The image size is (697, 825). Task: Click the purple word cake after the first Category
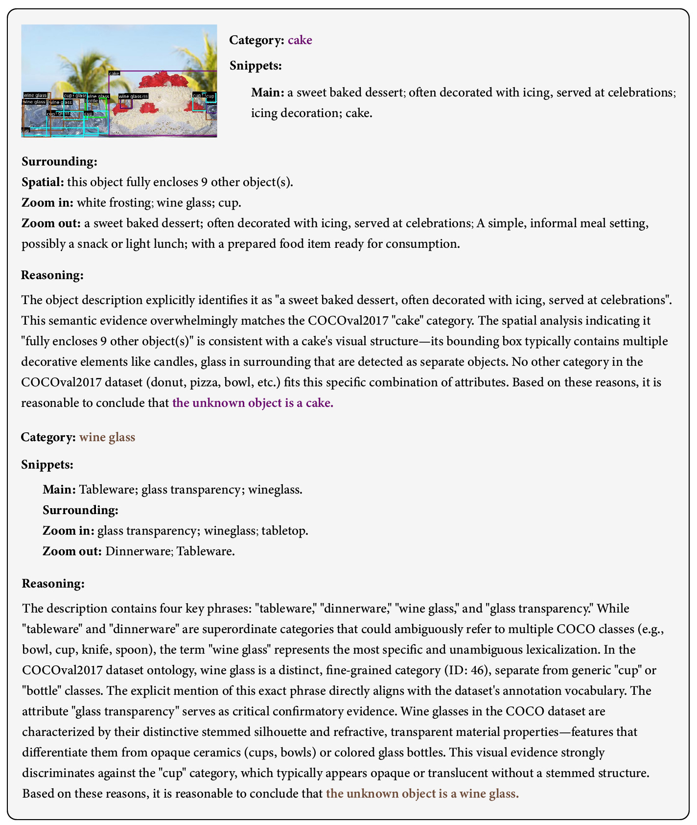click(300, 40)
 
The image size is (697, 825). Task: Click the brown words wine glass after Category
click(107, 437)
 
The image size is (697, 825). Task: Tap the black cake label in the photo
click(114, 73)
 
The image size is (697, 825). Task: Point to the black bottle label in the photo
click(92, 101)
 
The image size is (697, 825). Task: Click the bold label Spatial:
click(43, 182)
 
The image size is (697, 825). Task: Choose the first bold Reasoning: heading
click(52, 275)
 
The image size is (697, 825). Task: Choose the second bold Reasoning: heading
click(53, 584)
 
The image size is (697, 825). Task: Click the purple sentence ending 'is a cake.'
click(253, 403)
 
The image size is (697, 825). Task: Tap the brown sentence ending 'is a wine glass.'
click(422, 794)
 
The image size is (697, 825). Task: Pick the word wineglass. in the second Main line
click(275, 490)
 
